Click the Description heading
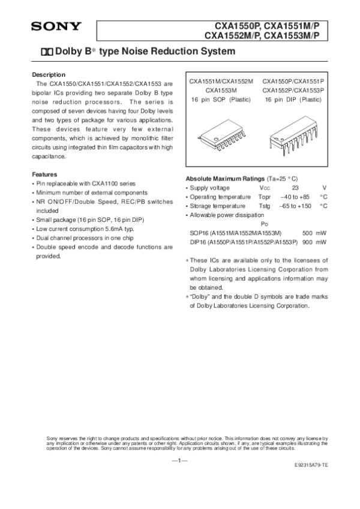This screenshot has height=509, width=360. (48, 74)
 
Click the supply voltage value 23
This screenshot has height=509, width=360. (295, 188)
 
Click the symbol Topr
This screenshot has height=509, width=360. (265, 197)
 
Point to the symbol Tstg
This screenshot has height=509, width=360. (265, 206)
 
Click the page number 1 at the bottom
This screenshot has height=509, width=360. (180, 460)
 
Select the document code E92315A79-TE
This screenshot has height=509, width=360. (311, 465)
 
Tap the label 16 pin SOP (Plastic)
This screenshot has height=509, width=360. (221, 98)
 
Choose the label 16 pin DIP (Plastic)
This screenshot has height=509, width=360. (293, 98)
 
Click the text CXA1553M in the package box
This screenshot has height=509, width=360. (221, 90)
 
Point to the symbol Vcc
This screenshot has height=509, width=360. (265, 188)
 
